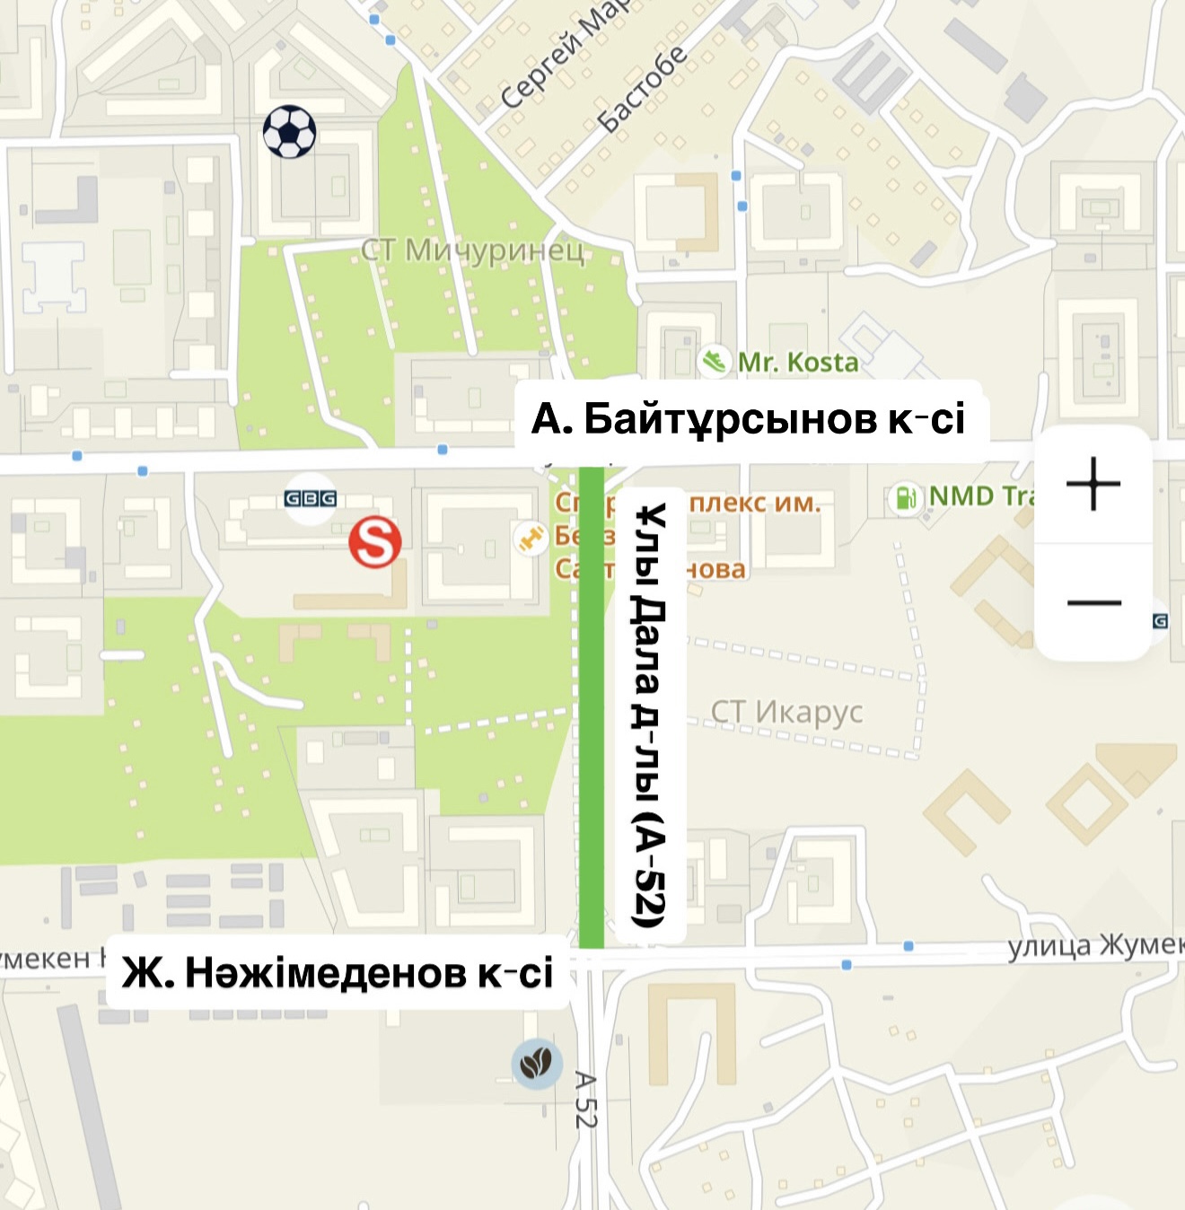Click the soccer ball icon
click(x=289, y=132)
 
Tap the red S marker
click(x=374, y=541)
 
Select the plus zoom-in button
click(x=1093, y=484)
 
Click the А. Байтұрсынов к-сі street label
click(x=749, y=418)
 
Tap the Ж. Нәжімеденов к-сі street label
click(x=338, y=973)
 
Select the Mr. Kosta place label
click(x=798, y=363)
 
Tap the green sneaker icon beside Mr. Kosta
click(x=714, y=362)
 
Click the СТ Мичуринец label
click(x=472, y=250)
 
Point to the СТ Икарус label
click(x=786, y=712)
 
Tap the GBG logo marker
click(x=310, y=498)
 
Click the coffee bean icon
click(x=537, y=1064)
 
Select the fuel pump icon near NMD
click(x=907, y=496)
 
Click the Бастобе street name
click(x=643, y=88)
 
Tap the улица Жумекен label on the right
click(x=1095, y=946)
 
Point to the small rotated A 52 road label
click(x=585, y=1100)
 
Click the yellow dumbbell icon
click(x=531, y=538)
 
